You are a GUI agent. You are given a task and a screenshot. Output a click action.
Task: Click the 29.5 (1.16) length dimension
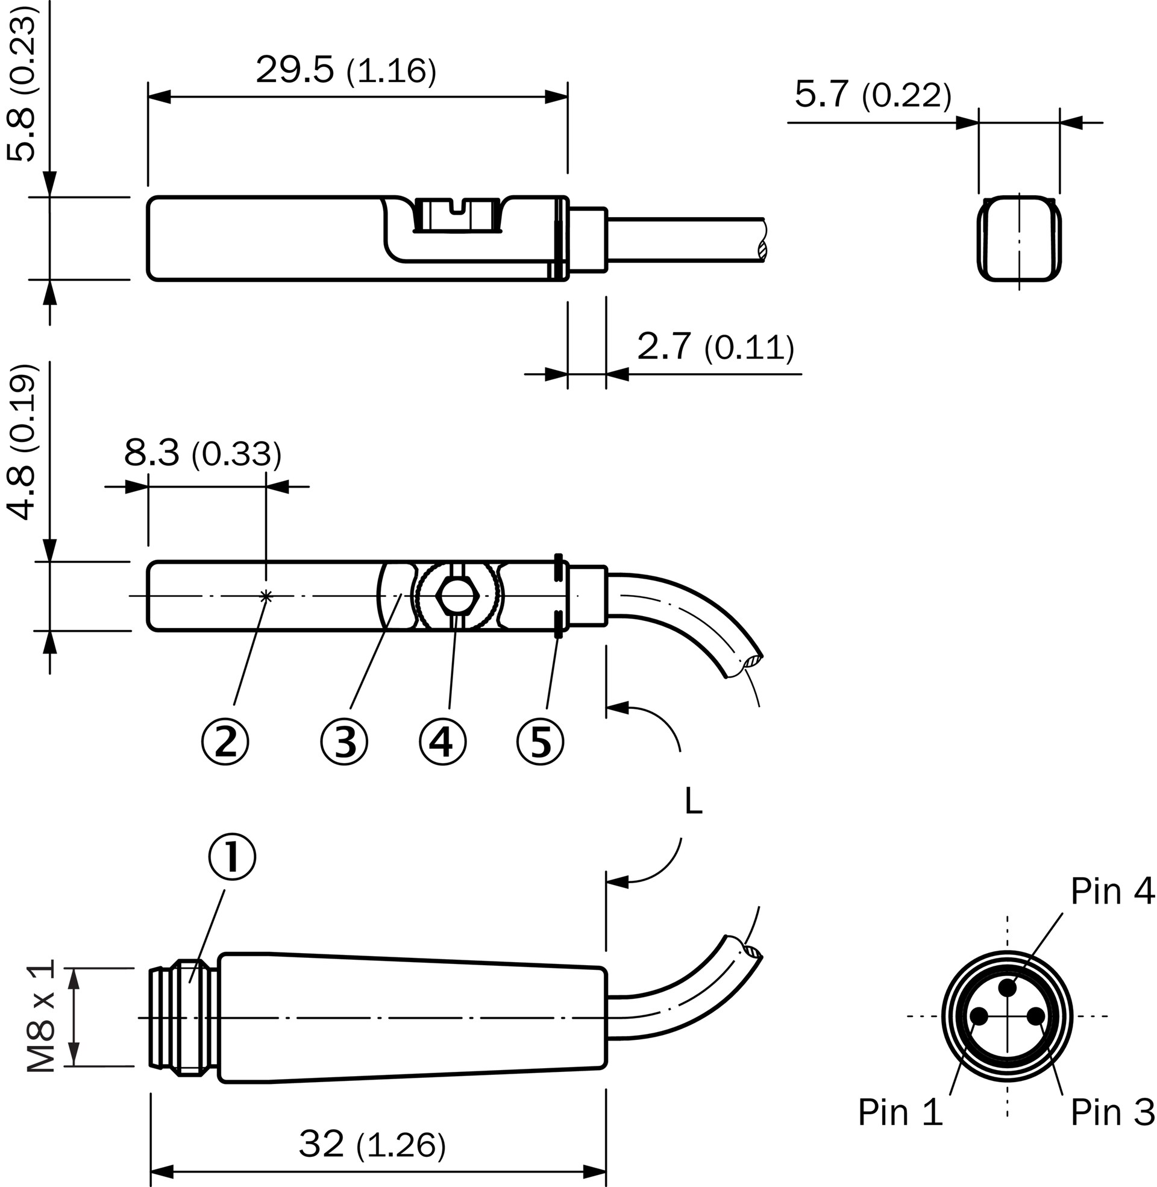[x=345, y=70]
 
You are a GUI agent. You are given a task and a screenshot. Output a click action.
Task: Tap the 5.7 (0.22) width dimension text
[x=872, y=95]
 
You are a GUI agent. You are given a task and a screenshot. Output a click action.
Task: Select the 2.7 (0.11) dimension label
[x=715, y=347]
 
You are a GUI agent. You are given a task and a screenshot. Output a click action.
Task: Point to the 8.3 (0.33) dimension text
[x=202, y=453]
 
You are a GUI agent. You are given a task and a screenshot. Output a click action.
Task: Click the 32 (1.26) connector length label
[x=372, y=1145]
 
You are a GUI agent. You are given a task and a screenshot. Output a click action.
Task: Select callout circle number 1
[x=232, y=857]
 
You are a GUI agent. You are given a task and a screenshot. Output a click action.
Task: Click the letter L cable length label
[x=693, y=802]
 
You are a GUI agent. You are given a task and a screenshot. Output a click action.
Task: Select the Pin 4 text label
[x=1111, y=892]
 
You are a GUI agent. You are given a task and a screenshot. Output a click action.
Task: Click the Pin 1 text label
[x=900, y=1112]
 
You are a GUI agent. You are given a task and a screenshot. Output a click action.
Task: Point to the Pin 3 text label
[x=1111, y=1112]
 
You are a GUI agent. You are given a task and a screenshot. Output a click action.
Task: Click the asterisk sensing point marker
[x=266, y=596]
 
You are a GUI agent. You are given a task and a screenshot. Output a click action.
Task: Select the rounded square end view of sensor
[x=1019, y=238]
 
